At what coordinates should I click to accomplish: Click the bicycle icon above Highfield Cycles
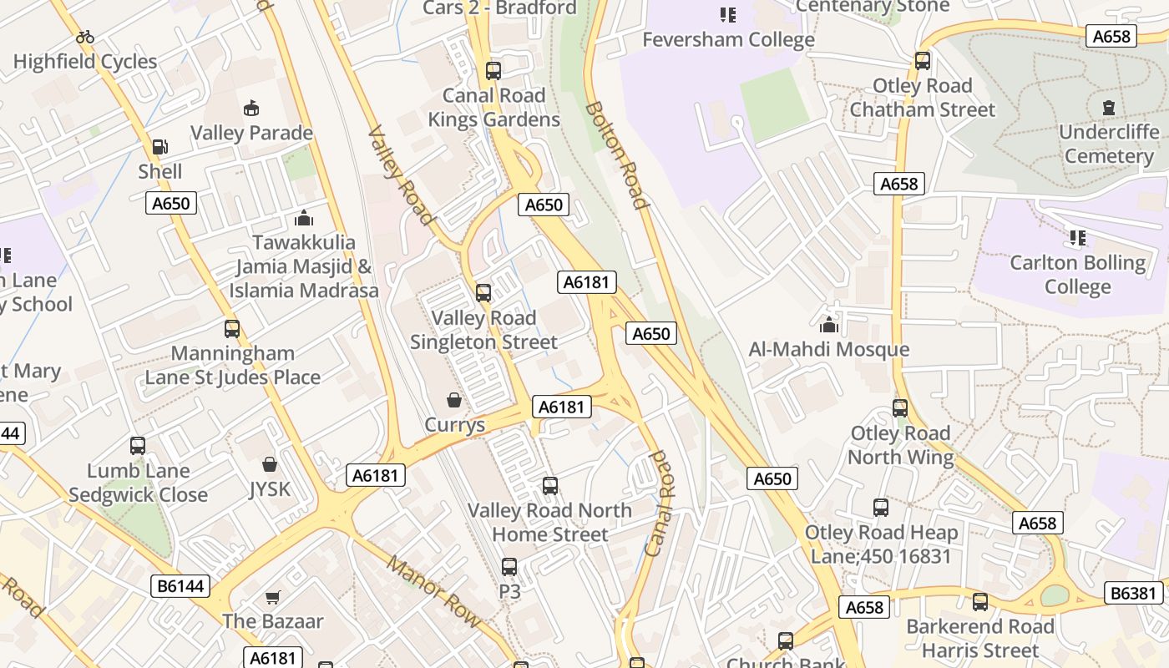tap(85, 37)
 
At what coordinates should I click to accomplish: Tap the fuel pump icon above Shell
tap(159, 147)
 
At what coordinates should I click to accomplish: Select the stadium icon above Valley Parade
tap(251, 108)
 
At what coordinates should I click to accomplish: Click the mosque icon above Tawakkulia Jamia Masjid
tap(304, 218)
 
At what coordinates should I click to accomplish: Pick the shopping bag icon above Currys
tap(454, 400)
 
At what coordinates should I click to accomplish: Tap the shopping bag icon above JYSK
tap(270, 463)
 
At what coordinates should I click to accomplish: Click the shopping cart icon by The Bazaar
tap(273, 597)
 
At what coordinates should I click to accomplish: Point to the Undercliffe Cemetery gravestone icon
tap(1109, 107)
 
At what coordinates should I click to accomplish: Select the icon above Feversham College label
tap(728, 15)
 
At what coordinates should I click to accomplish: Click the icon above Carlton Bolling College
tap(1078, 238)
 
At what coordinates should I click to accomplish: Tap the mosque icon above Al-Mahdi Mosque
tap(829, 324)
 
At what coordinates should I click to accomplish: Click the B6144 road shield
tap(181, 586)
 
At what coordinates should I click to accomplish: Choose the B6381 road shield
tap(1133, 593)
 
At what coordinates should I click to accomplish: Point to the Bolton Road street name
tap(617, 155)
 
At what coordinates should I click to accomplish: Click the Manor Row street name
tap(434, 591)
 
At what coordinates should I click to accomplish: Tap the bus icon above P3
tap(509, 567)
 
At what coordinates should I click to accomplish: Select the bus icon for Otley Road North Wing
tap(900, 408)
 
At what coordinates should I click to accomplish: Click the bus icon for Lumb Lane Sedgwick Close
tap(138, 446)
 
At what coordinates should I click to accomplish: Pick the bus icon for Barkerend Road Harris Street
tap(980, 601)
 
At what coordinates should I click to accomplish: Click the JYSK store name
tap(270, 488)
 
